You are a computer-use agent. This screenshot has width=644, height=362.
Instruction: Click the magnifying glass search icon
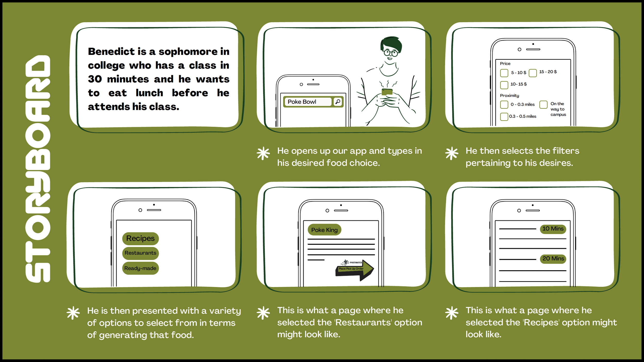click(x=337, y=102)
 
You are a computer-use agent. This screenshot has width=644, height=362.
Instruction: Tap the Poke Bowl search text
click(x=302, y=102)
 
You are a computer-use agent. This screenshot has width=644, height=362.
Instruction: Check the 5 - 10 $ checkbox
click(x=504, y=73)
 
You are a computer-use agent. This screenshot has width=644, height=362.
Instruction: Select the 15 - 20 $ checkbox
click(x=533, y=73)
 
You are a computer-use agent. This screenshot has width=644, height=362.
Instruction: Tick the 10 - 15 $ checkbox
click(x=504, y=85)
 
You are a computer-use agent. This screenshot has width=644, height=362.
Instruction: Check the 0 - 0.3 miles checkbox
click(x=504, y=105)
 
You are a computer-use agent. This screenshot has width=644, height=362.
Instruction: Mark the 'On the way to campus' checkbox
click(x=543, y=105)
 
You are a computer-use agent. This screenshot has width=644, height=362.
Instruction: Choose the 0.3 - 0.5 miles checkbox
click(x=504, y=116)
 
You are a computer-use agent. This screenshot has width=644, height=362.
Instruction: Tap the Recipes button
click(x=140, y=238)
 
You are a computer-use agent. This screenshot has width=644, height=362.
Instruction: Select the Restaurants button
click(x=140, y=253)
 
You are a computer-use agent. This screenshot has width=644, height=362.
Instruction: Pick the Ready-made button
click(x=140, y=268)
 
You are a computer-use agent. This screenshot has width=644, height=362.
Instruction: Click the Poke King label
click(x=324, y=230)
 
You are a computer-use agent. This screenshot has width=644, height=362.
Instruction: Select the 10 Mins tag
click(x=553, y=229)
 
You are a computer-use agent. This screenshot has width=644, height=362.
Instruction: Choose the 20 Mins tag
click(x=553, y=259)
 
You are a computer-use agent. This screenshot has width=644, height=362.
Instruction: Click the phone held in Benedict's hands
click(x=387, y=92)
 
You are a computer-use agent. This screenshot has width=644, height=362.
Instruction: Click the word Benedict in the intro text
click(x=111, y=52)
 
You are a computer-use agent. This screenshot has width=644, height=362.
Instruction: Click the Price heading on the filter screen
click(x=505, y=64)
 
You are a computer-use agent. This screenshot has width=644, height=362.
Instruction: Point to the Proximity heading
click(x=509, y=96)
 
